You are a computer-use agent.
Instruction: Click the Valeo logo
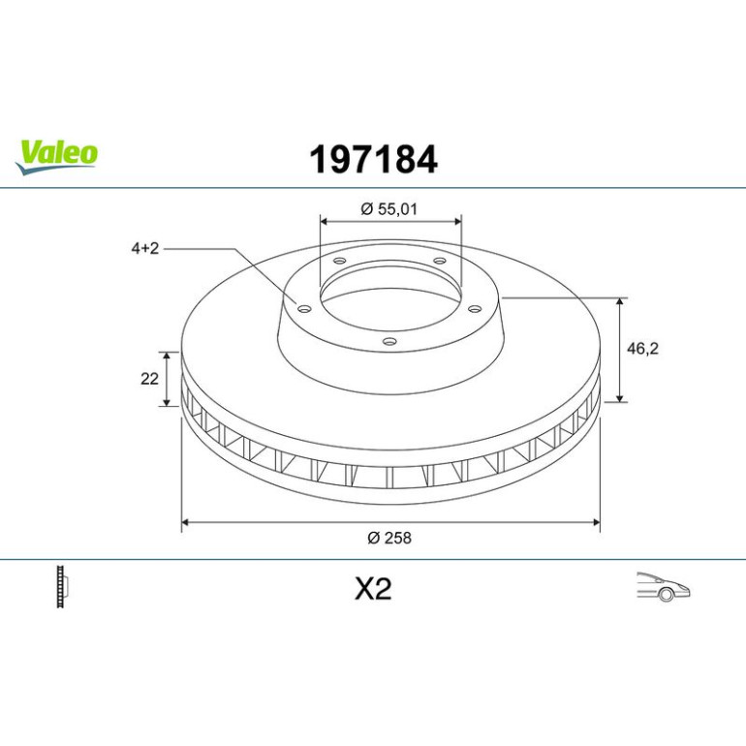(56, 157)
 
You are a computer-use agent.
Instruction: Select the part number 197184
(373, 160)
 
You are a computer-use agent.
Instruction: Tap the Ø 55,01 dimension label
(389, 209)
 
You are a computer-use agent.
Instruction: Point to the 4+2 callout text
(145, 248)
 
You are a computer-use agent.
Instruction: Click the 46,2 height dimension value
(642, 349)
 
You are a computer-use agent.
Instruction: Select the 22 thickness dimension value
(149, 379)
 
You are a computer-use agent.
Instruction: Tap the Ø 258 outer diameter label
(389, 538)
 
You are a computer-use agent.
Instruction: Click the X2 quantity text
(373, 588)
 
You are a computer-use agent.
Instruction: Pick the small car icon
(664, 587)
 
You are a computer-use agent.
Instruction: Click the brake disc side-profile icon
(62, 586)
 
